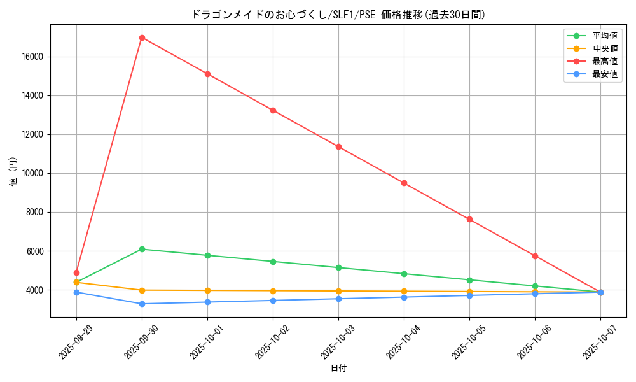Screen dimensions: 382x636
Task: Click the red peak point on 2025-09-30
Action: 142,38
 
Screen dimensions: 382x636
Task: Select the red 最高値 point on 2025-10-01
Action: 207,74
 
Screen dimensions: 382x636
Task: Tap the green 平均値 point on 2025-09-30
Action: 142,249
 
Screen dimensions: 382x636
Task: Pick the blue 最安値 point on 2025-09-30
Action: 142,304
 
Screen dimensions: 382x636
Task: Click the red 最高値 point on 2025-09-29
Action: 76,272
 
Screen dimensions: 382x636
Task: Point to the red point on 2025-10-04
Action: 404,183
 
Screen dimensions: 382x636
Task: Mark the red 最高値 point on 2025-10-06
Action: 535,256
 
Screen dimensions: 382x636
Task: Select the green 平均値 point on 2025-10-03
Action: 338,267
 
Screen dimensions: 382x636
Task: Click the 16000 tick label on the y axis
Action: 32,57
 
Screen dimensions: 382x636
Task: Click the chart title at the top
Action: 338,14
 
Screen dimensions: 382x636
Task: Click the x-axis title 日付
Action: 338,368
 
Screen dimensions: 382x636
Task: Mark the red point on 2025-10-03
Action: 338,146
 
